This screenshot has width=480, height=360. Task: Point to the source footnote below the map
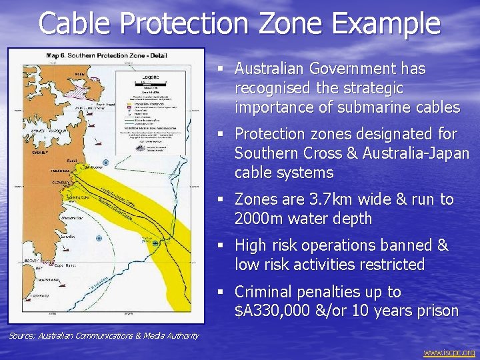103,335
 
